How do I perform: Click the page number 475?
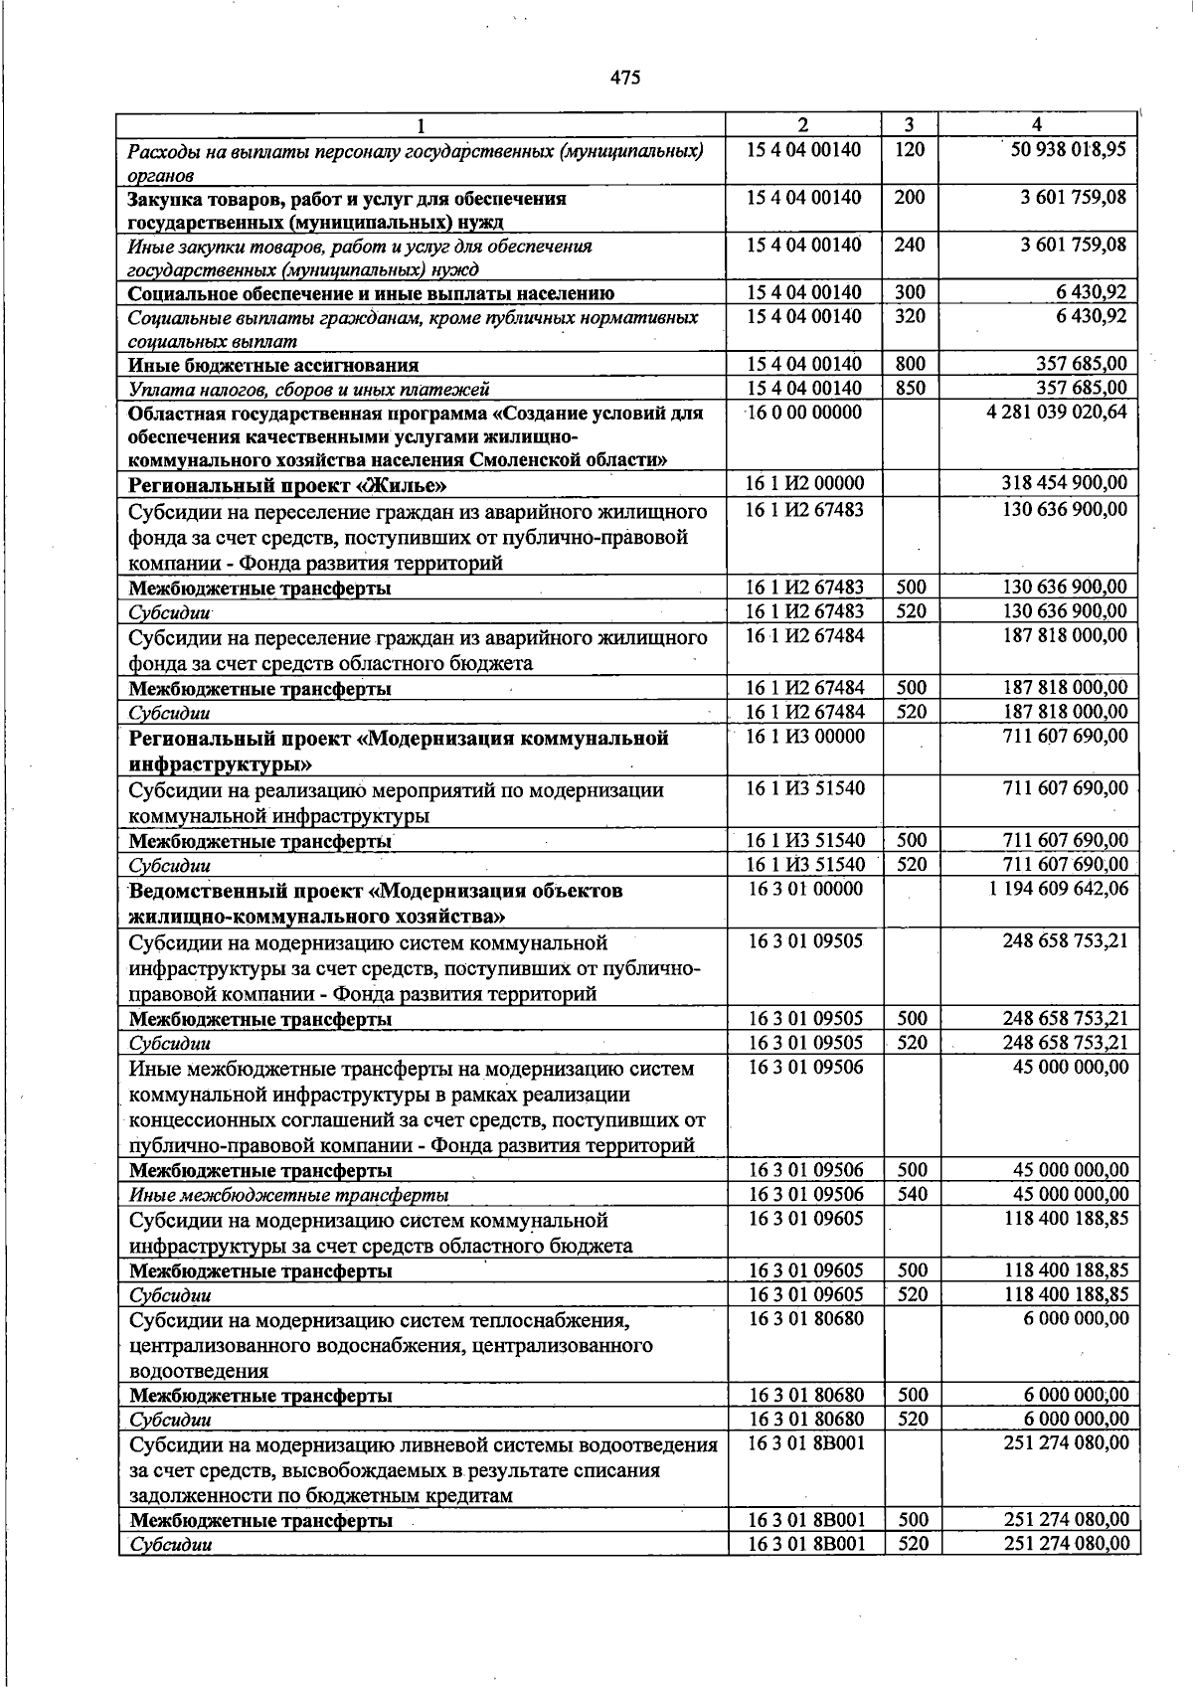[x=625, y=78]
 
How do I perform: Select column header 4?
[x=1037, y=125]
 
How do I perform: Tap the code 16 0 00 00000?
[x=804, y=413]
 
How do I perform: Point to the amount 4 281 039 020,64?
[x=1056, y=413]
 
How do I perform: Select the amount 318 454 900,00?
[x=1064, y=484]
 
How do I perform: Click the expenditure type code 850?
[x=909, y=389]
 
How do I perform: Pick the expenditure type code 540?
[x=911, y=1194]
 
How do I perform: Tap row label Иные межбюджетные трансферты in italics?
[x=288, y=1195]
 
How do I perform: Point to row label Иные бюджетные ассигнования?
[x=273, y=365]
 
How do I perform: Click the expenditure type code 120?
[x=909, y=150]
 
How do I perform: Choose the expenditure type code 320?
[x=909, y=317]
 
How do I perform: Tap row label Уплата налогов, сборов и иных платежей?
[x=308, y=390]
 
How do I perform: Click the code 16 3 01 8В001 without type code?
[x=805, y=1442]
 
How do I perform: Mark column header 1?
[x=421, y=125]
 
